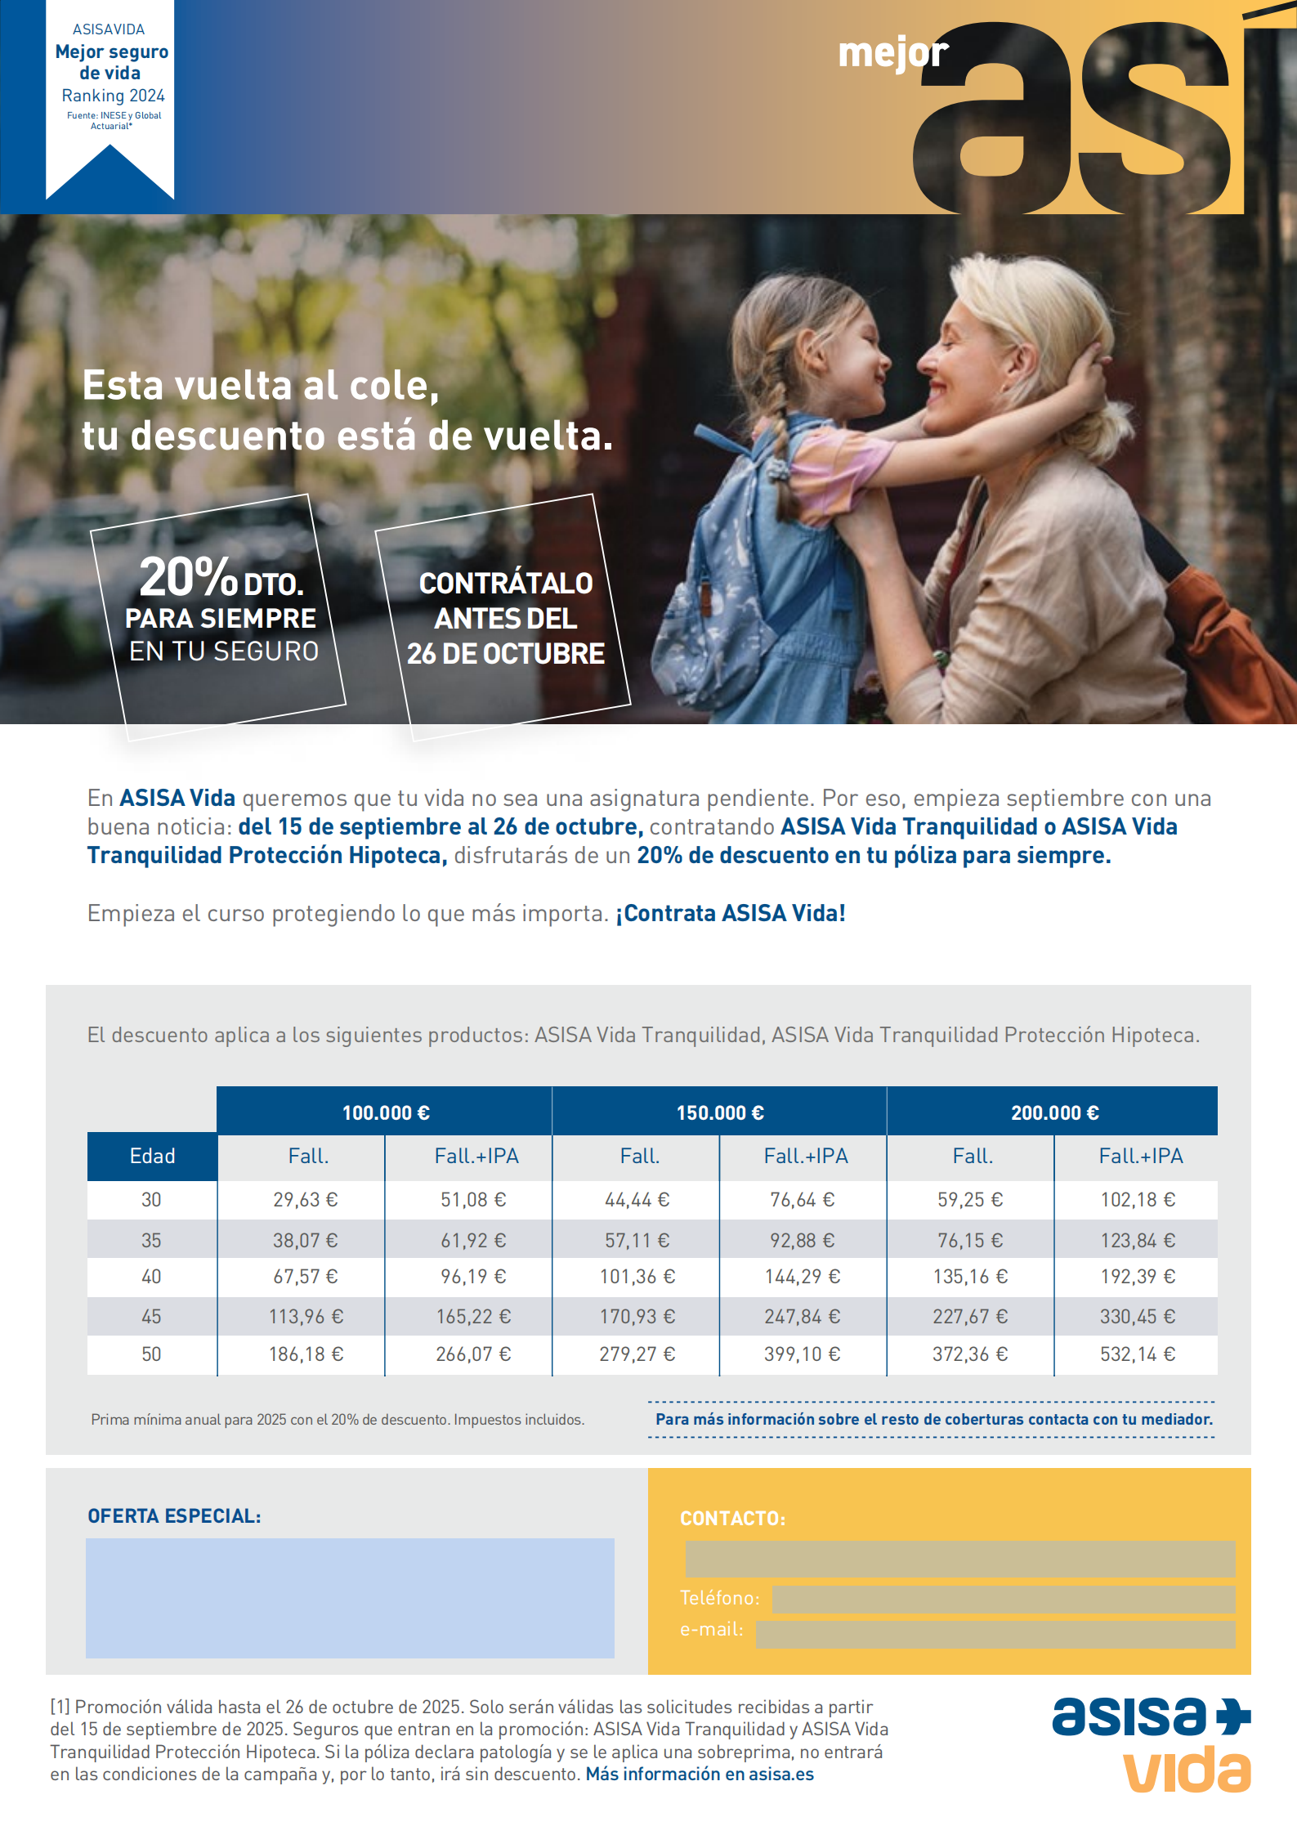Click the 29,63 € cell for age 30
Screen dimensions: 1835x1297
coord(305,1200)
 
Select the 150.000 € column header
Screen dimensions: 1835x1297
coord(719,1112)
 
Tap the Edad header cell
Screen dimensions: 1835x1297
coord(152,1156)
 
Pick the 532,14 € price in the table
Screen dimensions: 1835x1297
coord(1137,1354)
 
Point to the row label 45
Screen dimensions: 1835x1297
coord(151,1317)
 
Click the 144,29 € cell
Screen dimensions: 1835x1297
coord(802,1277)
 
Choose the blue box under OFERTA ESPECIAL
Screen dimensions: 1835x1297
coord(350,1598)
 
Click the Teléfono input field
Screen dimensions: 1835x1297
coord(1003,1599)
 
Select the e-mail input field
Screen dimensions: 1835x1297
coord(995,1634)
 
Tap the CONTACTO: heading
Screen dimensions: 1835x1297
coord(732,1519)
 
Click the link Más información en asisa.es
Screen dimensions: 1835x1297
coord(700,1775)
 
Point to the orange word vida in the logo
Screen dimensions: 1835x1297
coord(1187,1770)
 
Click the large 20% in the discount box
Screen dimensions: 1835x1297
coord(188,577)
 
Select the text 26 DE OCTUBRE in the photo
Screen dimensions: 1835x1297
coord(506,654)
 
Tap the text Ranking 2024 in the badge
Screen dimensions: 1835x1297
coord(113,96)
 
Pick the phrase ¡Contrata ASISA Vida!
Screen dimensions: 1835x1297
coord(730,913)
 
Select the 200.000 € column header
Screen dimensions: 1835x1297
coord(1054,1112)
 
